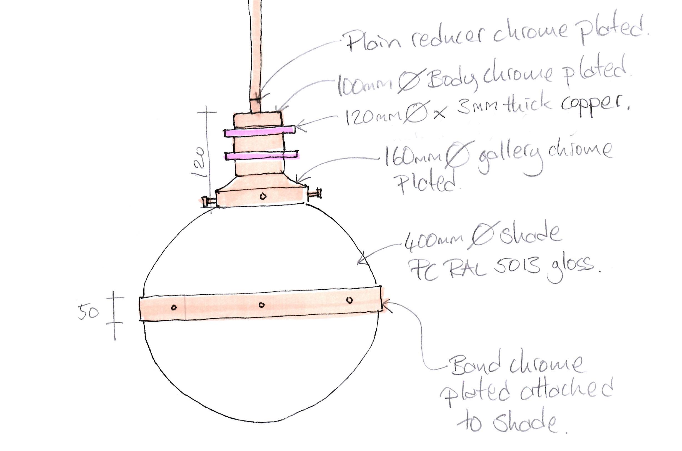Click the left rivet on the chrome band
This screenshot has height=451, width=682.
[174, 308]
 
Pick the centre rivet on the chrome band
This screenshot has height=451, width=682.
[261, 305]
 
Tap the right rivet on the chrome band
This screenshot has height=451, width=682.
[349, 300]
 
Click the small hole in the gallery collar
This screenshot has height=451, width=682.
[263, 196]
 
